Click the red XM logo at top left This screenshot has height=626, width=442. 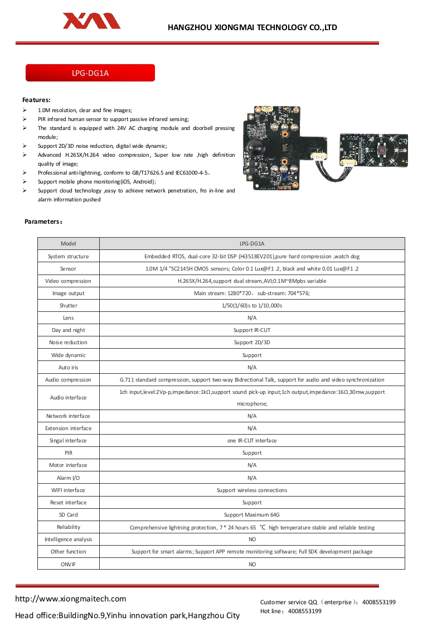tap(91, 21)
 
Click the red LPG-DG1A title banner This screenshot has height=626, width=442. tap(90, 73)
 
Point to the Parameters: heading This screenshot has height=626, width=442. tap(43, 221)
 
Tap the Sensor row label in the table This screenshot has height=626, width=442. tap(68, 268)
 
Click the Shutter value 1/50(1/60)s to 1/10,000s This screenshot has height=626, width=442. tap(252, 306)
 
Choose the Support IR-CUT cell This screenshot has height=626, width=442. tap(252, 330)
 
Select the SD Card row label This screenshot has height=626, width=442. tap(68, 514)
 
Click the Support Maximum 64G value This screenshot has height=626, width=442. tap(252, 514)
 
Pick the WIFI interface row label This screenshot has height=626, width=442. tap(68, 490)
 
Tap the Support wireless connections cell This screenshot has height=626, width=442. tap(252, 490)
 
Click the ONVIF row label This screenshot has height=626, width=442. tap(68, 564)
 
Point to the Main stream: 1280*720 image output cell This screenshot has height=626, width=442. tap(252, 293)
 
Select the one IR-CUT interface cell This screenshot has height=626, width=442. tap(252, 440)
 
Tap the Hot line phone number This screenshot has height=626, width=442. tap(304, 611)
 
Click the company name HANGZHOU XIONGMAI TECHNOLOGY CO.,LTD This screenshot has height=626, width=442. tap(252, 27)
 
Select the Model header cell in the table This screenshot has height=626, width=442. tap(68, 244)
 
